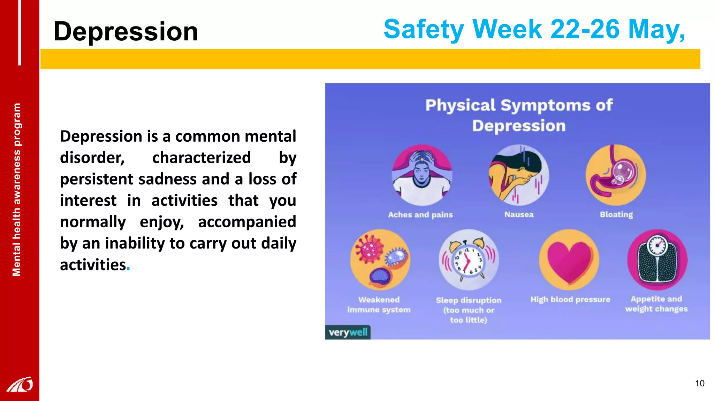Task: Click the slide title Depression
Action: point(126,31)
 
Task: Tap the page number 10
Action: point(699,383)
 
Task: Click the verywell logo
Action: point(348,332)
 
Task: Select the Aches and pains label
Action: point(420,214)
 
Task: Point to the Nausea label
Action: point(519,214)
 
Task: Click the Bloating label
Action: point(616,214)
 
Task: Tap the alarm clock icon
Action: point(469,260)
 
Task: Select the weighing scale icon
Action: point(657,260)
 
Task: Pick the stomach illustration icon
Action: point(615,175)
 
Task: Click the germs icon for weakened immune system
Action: point(380,260)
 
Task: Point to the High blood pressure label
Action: point(570,299)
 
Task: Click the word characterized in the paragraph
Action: point(202,158)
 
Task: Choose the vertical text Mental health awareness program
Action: point(16,190)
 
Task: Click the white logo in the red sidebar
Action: point(20,384)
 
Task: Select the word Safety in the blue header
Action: point(423,29)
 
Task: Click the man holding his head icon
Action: point(422,175)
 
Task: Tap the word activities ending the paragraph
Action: point(93,265)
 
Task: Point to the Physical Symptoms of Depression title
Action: point(519,115)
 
